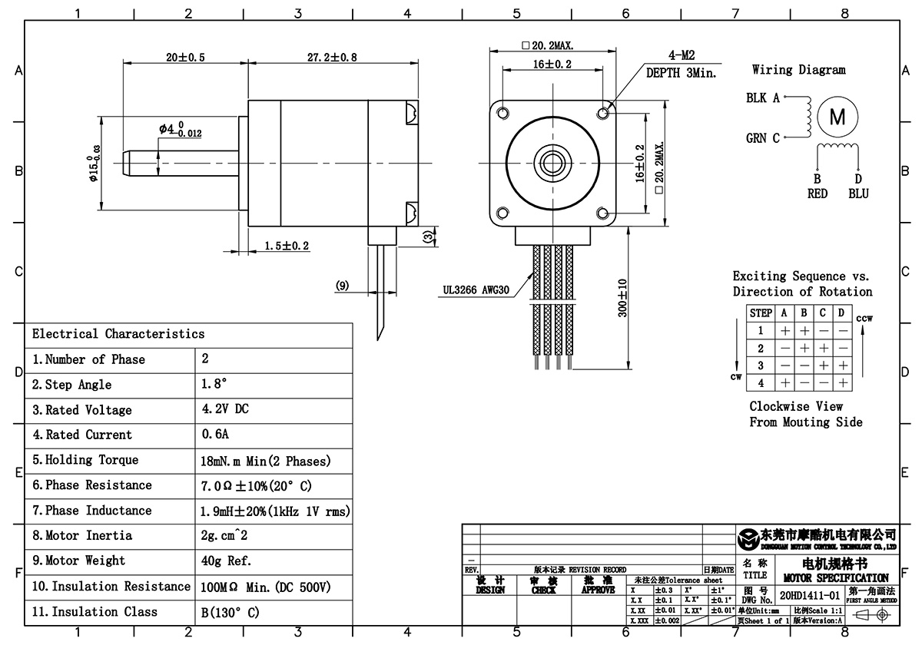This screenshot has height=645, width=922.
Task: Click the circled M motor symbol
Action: coord(837,117)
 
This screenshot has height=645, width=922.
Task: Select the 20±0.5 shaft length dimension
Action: coord(185,58)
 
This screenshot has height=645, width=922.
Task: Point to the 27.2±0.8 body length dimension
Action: coord(311,58)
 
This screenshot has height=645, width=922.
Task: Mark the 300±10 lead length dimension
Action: coord(622,298)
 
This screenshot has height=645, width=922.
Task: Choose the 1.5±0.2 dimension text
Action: coord(287,246)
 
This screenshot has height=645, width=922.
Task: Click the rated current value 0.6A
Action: coord(215,435)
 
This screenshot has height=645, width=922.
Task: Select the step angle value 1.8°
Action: coord(214,384)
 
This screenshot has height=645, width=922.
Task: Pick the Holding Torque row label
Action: coord(85,460)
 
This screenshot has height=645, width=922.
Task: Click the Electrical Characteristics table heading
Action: coord(118,334)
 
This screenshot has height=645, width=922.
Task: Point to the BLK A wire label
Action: coord(763,98)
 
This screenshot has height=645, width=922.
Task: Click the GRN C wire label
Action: coord(763,138)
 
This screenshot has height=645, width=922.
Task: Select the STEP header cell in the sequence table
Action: coord(761,313)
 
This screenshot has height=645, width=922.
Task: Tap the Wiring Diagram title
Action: coord(798,70)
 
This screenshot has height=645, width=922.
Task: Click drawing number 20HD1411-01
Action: coord(810,595)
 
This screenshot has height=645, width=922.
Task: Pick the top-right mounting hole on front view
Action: coord(602,113)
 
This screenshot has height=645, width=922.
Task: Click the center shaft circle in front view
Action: coord(552,162)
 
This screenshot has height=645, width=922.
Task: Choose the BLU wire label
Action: coord(858,193)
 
